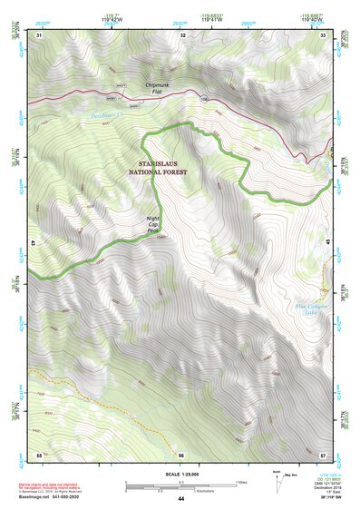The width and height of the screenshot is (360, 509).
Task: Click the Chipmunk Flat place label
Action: click(x=158, y=88)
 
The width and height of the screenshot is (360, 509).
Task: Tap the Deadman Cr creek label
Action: click(x=111, y=115)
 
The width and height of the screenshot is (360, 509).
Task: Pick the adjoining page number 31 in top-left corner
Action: click(x=39, y=34)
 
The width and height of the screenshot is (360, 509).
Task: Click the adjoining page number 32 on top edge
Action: click(x=182, y=34)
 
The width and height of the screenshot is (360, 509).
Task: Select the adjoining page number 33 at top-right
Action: click(x=324, y=34)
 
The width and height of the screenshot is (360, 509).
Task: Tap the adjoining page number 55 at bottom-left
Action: click(x=39, y=454)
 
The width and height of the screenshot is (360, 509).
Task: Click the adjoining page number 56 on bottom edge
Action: click(x=181, y=454)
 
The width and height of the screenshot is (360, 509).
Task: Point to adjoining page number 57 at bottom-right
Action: click(x=324, y=454)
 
